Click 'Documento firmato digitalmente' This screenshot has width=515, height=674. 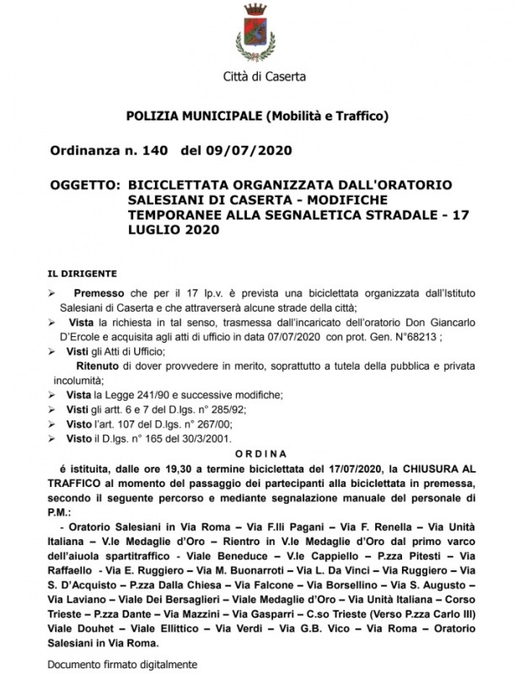point(121,664)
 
